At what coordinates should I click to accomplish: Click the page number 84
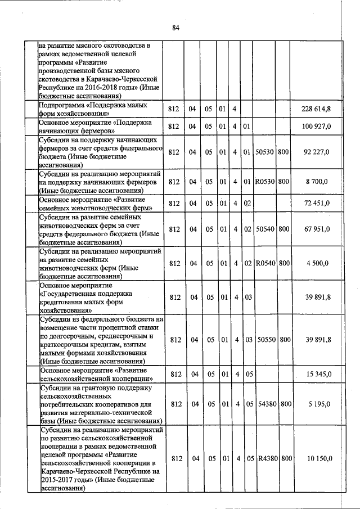point(175,29)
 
